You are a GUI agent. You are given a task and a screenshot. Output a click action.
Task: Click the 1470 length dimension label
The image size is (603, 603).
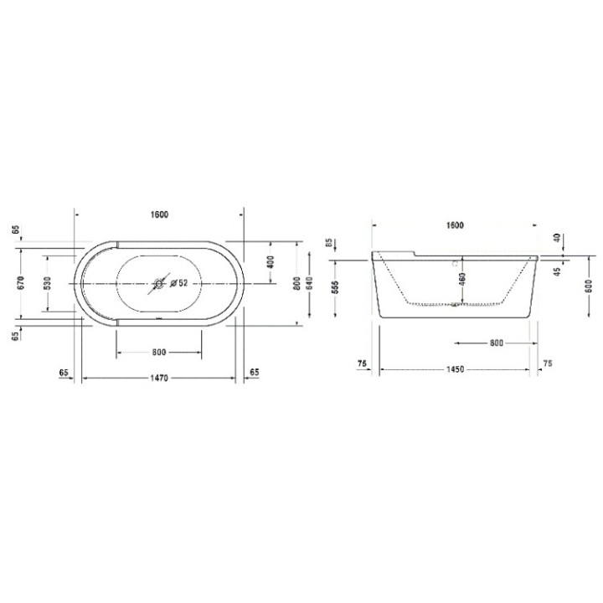point(159,379)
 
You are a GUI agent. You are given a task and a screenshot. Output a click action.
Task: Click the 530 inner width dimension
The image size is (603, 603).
point(48,282)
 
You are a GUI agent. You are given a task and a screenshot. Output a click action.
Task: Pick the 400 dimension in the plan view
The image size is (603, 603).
point(270,261)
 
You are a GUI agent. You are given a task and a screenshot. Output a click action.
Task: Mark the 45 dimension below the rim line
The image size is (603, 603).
point(556,270)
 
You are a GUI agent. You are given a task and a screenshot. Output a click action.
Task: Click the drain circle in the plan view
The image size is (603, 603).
point(157,283)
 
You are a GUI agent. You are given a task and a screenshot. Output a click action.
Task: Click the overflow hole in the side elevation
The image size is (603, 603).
point(456,261)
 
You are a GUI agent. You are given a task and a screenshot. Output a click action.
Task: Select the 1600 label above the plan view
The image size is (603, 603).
point(159,214)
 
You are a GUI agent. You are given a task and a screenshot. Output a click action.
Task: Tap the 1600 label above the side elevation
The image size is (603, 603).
point(455,226)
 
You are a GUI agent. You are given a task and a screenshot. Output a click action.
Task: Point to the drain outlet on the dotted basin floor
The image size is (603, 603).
point(455,304)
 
